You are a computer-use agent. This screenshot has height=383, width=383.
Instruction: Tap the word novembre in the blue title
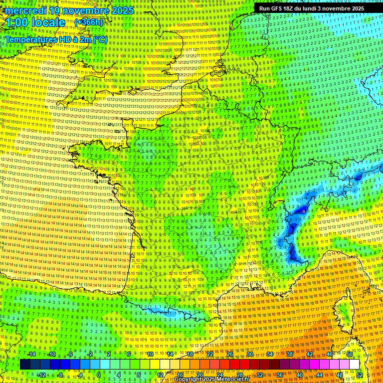click(x=87, y=10)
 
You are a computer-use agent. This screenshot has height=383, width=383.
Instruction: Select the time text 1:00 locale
click(x=35, y=23)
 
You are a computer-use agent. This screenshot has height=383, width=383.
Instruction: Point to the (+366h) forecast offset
click(x=88, y=22)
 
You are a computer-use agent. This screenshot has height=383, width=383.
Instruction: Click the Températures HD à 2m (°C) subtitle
click(x=56, y=39)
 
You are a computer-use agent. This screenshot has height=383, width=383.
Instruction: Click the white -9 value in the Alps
click(x=304, y=211)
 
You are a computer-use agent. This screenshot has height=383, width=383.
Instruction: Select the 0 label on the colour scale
click(x=98, y=375)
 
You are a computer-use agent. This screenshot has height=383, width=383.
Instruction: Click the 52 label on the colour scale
click(x=360, y=375)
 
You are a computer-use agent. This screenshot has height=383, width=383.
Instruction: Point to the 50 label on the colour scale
click(x=350, y=354)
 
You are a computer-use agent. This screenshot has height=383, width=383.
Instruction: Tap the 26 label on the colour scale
click(x=230, y=354)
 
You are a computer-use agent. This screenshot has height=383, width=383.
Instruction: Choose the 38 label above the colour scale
click(x=290, y=354)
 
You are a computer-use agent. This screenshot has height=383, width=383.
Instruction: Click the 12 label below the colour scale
click(x=160, y=375)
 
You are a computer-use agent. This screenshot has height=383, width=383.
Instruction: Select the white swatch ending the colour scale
click(x=355, y=365)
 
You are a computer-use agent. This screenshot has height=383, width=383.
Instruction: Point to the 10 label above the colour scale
click(x=150, y=354)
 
